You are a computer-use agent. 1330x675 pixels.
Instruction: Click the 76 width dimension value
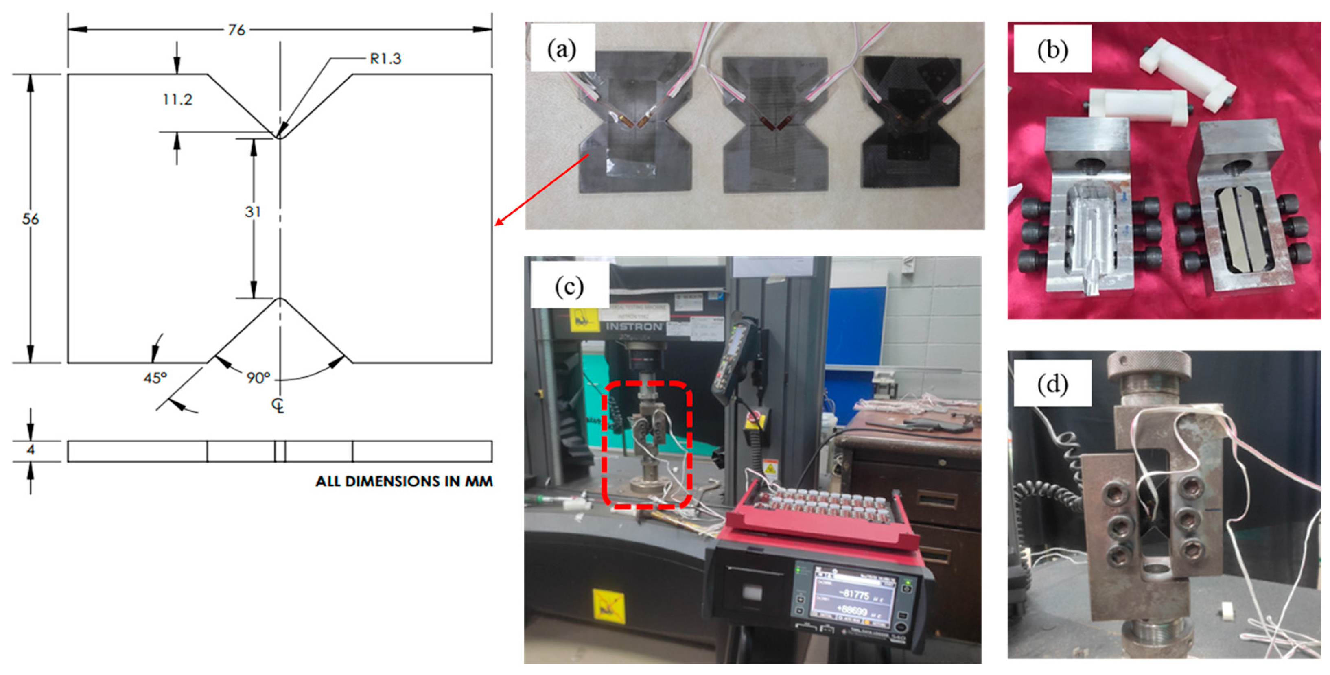point(236,30)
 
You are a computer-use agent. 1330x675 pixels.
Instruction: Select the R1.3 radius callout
point(385,59)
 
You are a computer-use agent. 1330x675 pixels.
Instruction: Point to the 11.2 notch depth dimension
point(177,99)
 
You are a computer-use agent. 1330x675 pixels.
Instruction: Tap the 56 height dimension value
point(31,219)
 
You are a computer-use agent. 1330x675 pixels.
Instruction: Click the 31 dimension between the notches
point(252,212)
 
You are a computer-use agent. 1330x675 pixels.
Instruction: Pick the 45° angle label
point(155,378)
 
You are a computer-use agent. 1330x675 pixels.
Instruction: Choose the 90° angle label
point(258,378)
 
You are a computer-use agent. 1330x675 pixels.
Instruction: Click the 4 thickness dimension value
point(31,450)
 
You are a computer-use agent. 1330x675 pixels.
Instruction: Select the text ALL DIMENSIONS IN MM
point(404,481)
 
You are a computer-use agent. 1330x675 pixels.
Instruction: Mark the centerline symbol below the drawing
point(278,406)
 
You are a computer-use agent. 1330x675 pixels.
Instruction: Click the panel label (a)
point(562,49)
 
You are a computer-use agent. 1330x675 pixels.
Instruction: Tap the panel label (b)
point(1052,50)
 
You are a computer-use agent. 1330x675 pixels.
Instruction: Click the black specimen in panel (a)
point(911,124)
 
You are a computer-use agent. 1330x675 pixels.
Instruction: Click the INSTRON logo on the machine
point(634,327)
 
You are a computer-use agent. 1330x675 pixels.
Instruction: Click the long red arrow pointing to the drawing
point(542,190)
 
